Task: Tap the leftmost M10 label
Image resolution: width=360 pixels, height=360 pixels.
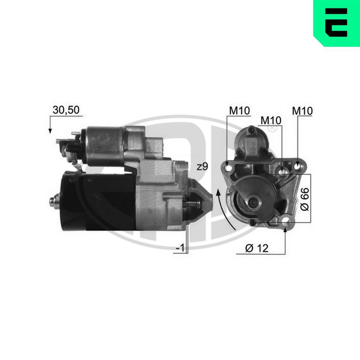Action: click(239, 111)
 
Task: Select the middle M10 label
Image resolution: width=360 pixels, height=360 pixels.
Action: click(271, 120)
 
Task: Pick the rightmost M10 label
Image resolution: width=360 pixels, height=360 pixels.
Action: click(302, 111)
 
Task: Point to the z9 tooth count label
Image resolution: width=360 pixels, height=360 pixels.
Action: click(203, 167)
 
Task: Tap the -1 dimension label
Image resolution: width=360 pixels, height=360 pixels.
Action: click(180, 248)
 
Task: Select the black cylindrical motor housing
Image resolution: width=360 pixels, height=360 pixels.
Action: click(97, 202)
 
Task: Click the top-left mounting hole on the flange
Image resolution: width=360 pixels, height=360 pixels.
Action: click(227, 167)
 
